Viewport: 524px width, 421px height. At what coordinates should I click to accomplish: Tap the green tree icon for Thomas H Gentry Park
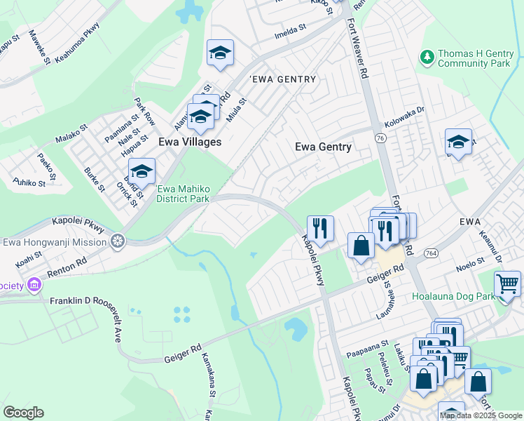click(426, 55)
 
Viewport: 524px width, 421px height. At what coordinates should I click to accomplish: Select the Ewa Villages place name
click(190, 142)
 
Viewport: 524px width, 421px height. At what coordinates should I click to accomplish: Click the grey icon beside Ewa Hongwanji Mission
click(118, 242)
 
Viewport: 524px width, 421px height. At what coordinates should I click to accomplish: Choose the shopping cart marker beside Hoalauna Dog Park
click(507, 285)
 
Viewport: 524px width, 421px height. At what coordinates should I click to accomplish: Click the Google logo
click(23, 412)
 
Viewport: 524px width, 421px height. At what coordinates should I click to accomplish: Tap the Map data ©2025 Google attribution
click(481, 415)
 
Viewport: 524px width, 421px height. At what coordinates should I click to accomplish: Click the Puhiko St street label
click(29, 182)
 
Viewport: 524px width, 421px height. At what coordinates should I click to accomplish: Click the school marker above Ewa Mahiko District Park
click(142, 171)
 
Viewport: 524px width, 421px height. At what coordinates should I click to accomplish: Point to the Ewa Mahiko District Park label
click(184, 194)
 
